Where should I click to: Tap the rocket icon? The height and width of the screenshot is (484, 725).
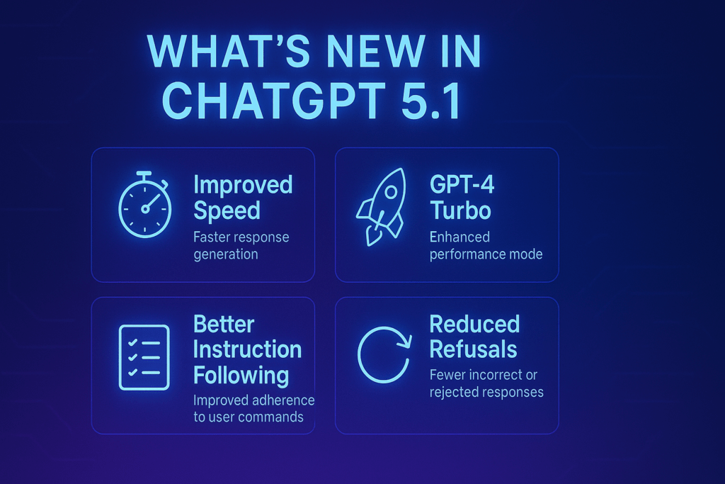click(x=382, y=206)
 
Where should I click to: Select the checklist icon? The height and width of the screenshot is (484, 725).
click(x=144, y=357)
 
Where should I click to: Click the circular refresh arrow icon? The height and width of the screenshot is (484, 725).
click(x=384, y=354)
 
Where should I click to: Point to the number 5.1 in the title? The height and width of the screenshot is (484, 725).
click(x=430, y=101)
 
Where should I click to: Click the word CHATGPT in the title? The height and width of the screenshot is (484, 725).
click(x=273, y=101)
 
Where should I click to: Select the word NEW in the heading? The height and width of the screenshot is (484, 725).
click(x=375, y=50)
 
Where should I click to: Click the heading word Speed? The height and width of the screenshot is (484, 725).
click(x=227, y=211)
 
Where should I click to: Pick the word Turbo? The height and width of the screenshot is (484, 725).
click(x=460, y=210)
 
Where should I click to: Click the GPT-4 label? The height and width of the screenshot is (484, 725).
click(x=462, y=184)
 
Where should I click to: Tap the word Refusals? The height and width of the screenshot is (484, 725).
click(x=473, y=349)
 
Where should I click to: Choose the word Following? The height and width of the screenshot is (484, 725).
click(x=241, y=376)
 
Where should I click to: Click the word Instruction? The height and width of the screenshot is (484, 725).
click(x=247, y=349)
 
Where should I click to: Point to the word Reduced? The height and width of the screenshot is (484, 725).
click(x=474, y=324)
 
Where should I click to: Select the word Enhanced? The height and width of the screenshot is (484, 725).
click(x=459, y=237)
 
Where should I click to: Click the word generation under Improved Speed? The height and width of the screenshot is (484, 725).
click(x=226, y=254)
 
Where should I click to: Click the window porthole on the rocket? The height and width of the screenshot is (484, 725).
click(x=391, y=191)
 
